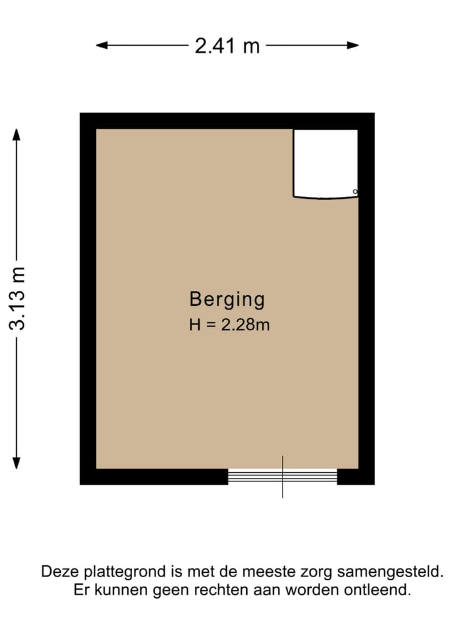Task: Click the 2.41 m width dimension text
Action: (227, 46)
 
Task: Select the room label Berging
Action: (227, 300)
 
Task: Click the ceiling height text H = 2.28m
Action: (229, 325)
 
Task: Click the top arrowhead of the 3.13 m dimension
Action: (17, 134)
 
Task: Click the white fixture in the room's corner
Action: (325, 163)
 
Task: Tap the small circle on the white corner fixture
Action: (355, 191)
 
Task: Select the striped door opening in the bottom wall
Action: (282, 477)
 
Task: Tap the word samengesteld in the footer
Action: (390, 572)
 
